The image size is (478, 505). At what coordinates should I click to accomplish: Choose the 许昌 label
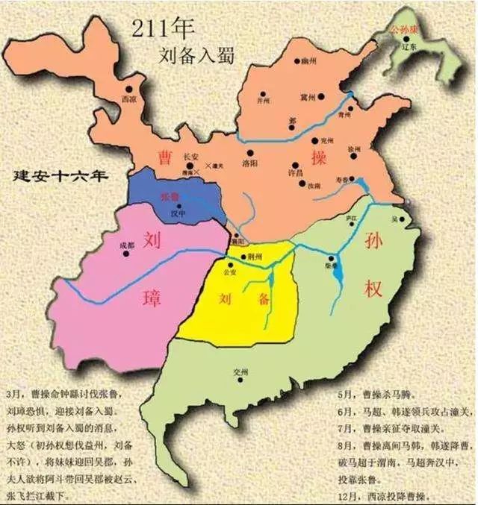coord(274,173)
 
